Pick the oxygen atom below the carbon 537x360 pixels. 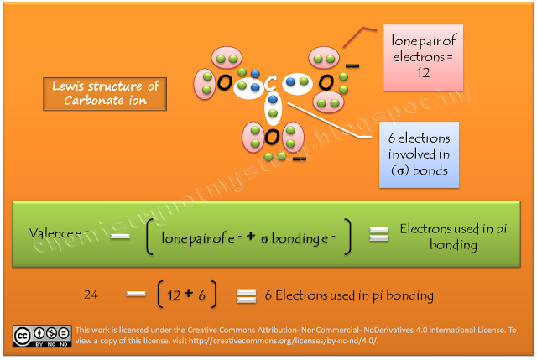click(270, 136)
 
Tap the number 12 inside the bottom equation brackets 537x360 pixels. click(174, 295)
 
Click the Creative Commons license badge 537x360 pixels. click(41, 334)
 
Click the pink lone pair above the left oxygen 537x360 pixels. click(223, 59)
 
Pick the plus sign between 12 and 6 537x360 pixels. click(190, 294)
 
